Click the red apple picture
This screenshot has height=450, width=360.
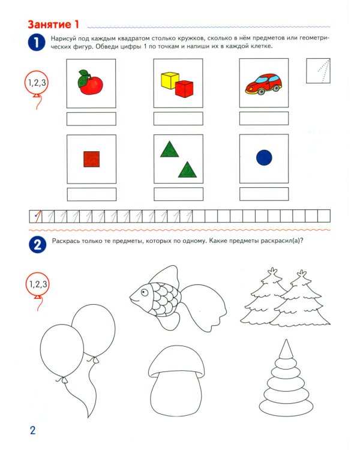[x=91, y=83]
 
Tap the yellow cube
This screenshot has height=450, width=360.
[x=169, y=80]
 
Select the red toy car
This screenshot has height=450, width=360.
[x=263, y=84]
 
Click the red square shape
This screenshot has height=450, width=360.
[x=92, y=159]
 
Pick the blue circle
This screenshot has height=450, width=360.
[x=264, y=158]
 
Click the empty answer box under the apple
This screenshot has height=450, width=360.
[x=91, y=119]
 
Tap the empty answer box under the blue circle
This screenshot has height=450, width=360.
[x=264, y=194]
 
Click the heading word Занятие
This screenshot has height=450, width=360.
[x=49, y=25]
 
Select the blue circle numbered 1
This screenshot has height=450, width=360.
[x=37, y=43]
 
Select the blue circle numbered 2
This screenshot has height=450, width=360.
[x=37, y=245]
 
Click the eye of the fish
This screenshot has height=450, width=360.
[x=144, y=292]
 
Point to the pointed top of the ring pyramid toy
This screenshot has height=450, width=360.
[x=286, y=340]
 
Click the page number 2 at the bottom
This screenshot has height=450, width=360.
[x=33, y=430]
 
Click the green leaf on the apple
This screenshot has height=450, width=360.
[x=83, y=79]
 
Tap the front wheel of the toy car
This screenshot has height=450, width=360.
[x=261, y=92]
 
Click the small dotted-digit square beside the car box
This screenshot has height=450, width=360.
[x=318, y=71]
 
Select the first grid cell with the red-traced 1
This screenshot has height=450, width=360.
[x=35, y=217]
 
